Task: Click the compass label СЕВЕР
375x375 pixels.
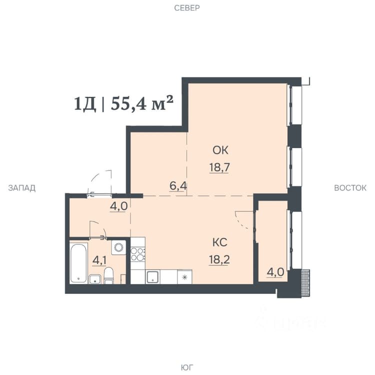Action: coord(187,8)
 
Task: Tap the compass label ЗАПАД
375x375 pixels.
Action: coord(22,188)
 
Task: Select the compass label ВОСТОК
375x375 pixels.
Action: coord(350,188)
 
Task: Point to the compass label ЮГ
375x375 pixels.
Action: coord(187,367)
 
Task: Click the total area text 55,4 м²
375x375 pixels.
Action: coord(142,103)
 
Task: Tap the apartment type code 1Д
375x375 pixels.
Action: coord(85,104)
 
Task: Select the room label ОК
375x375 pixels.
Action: coord(220,150)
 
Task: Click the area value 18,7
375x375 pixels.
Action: coord(219,167)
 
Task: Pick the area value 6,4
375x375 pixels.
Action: coord(178,186)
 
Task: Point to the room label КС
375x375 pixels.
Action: coord(220,242)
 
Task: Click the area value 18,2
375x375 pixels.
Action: coord(219,259)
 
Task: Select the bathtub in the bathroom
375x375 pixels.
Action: coord(78,263)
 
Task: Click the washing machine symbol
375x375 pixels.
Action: coord(118,247)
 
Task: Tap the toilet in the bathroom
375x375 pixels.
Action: coord(109,275)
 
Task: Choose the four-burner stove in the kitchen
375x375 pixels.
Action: coord(138,254)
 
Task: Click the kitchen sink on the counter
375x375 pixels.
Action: coord(153,277)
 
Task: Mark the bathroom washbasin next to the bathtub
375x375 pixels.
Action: coord(95,279)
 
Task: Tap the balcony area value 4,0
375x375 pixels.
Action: coord(275,272)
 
